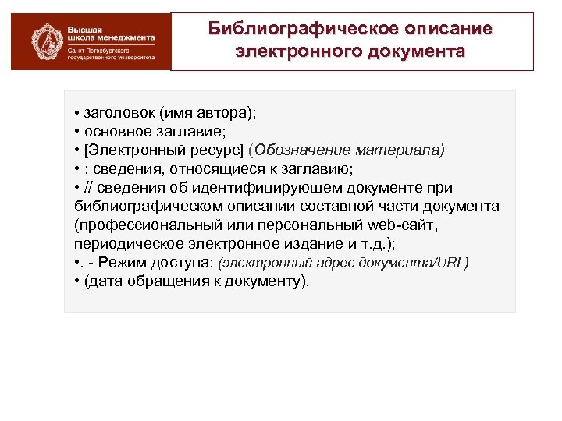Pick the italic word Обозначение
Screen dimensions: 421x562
click(x=306, y=150)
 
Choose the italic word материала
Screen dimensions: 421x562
click(x=401, y=150)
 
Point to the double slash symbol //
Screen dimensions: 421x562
click(x=90, y=188)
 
